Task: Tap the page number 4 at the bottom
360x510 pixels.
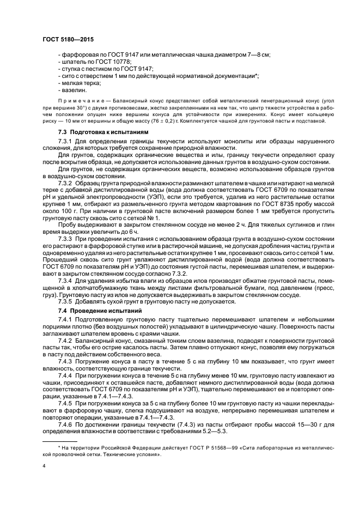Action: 44,466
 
